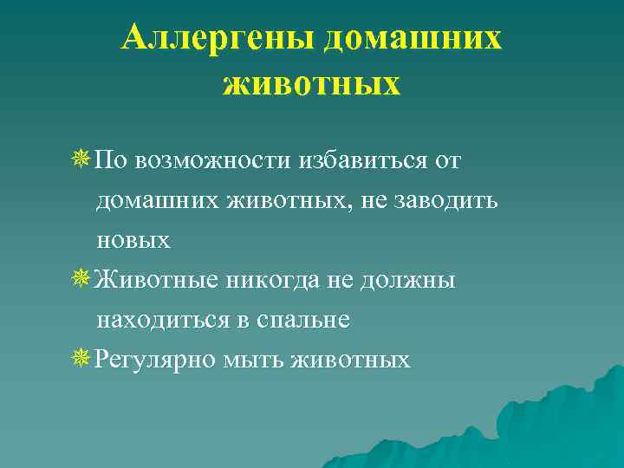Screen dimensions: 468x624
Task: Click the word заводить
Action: (x=446, y=201)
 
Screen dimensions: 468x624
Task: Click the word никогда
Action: (x=280, y=280)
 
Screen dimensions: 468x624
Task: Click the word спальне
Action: (x=302, y=321)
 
